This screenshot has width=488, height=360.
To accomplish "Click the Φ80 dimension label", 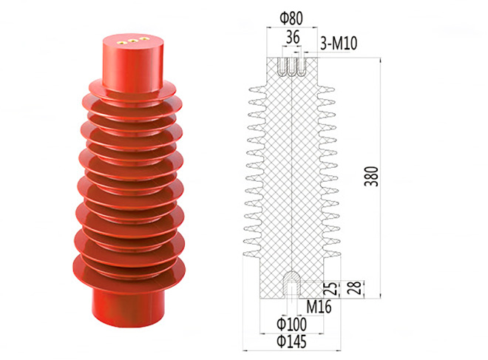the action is pos(291,18).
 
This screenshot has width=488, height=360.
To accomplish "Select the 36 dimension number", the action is pos(293,38).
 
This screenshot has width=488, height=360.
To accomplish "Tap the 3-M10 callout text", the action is pos(339,44).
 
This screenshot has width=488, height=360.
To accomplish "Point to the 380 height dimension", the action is pos(372,177).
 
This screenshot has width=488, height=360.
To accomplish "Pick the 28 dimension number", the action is pos(354,288).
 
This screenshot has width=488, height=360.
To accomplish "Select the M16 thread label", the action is pos(319,307).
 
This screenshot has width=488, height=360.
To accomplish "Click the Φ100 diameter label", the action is pos(291,325).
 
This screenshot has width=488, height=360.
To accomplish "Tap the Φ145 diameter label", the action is pos(291,342).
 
